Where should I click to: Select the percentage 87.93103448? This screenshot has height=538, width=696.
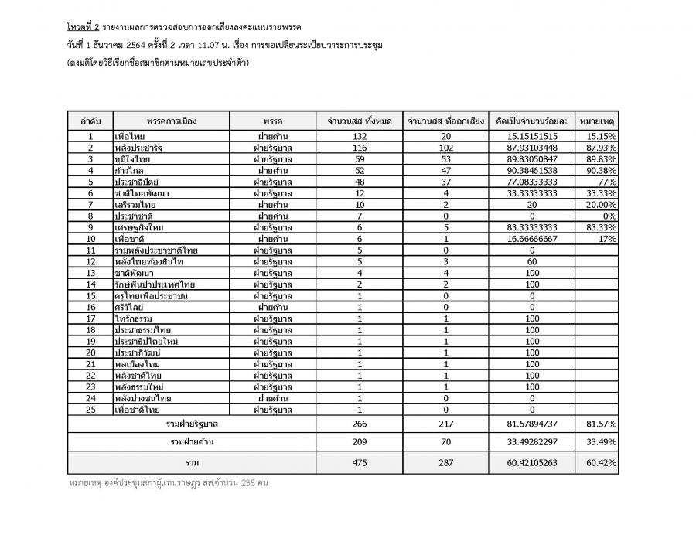click(532, 148)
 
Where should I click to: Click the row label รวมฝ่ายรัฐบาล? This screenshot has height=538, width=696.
click(191, 424)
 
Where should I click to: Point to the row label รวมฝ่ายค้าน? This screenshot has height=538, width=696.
click(191, 442)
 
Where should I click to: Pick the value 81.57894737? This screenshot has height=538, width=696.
click(532, 424)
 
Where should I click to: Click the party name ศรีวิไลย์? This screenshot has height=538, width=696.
click(129, 306)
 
